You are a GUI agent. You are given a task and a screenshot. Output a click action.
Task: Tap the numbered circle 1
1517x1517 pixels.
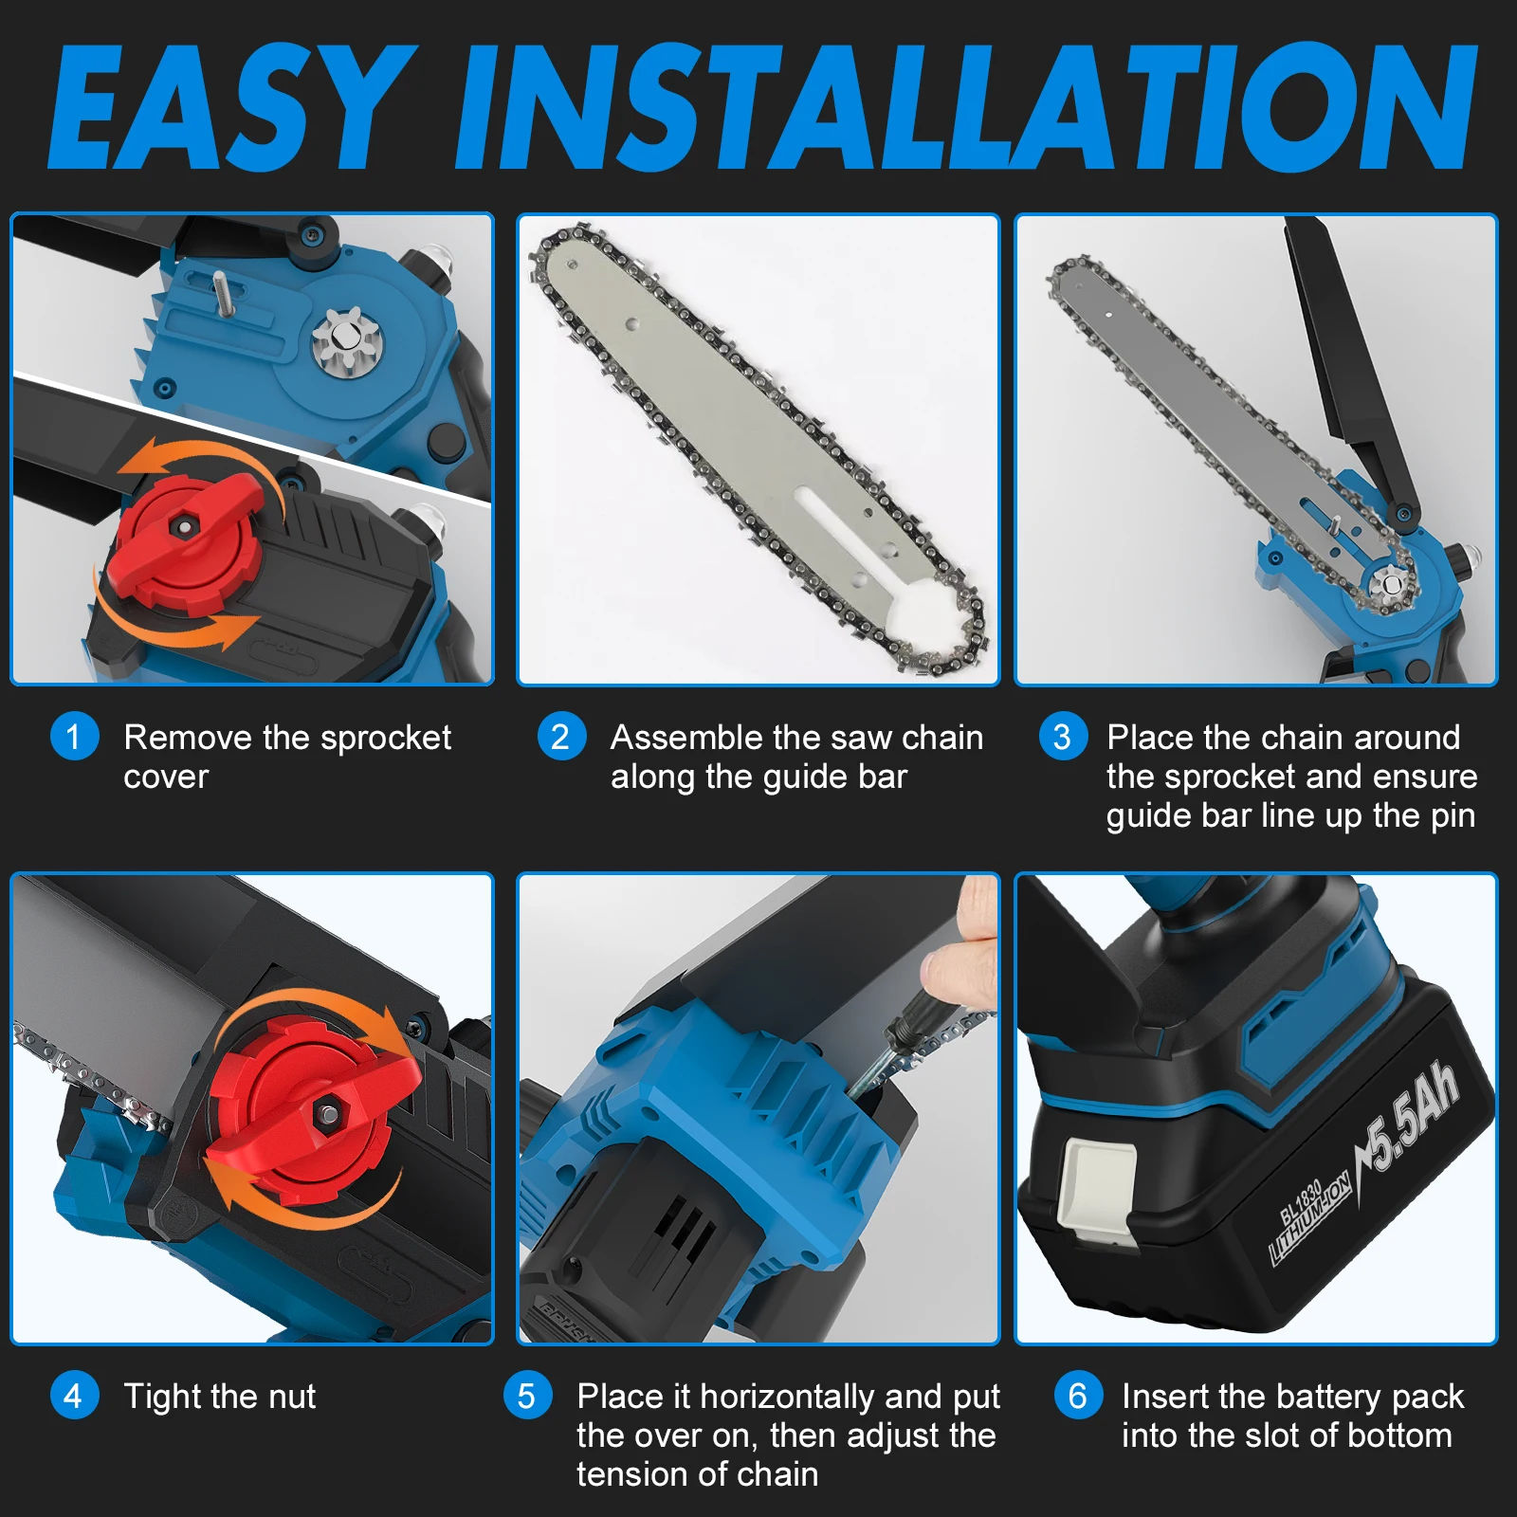point(74,737)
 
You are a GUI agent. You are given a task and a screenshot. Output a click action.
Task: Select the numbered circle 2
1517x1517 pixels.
point(560,737)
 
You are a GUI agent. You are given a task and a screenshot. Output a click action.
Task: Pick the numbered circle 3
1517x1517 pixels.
point(1062,737)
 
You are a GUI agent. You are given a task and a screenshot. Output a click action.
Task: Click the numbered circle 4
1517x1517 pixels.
point(74,1396)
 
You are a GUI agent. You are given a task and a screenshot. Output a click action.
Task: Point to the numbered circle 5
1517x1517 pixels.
point(527,1396)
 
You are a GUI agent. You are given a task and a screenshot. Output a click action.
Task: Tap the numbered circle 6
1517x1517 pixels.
point(1077,1396)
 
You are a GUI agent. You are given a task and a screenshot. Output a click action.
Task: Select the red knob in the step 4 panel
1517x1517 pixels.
point(313,1105)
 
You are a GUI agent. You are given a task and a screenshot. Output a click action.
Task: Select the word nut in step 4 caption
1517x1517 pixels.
point(291,1397)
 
